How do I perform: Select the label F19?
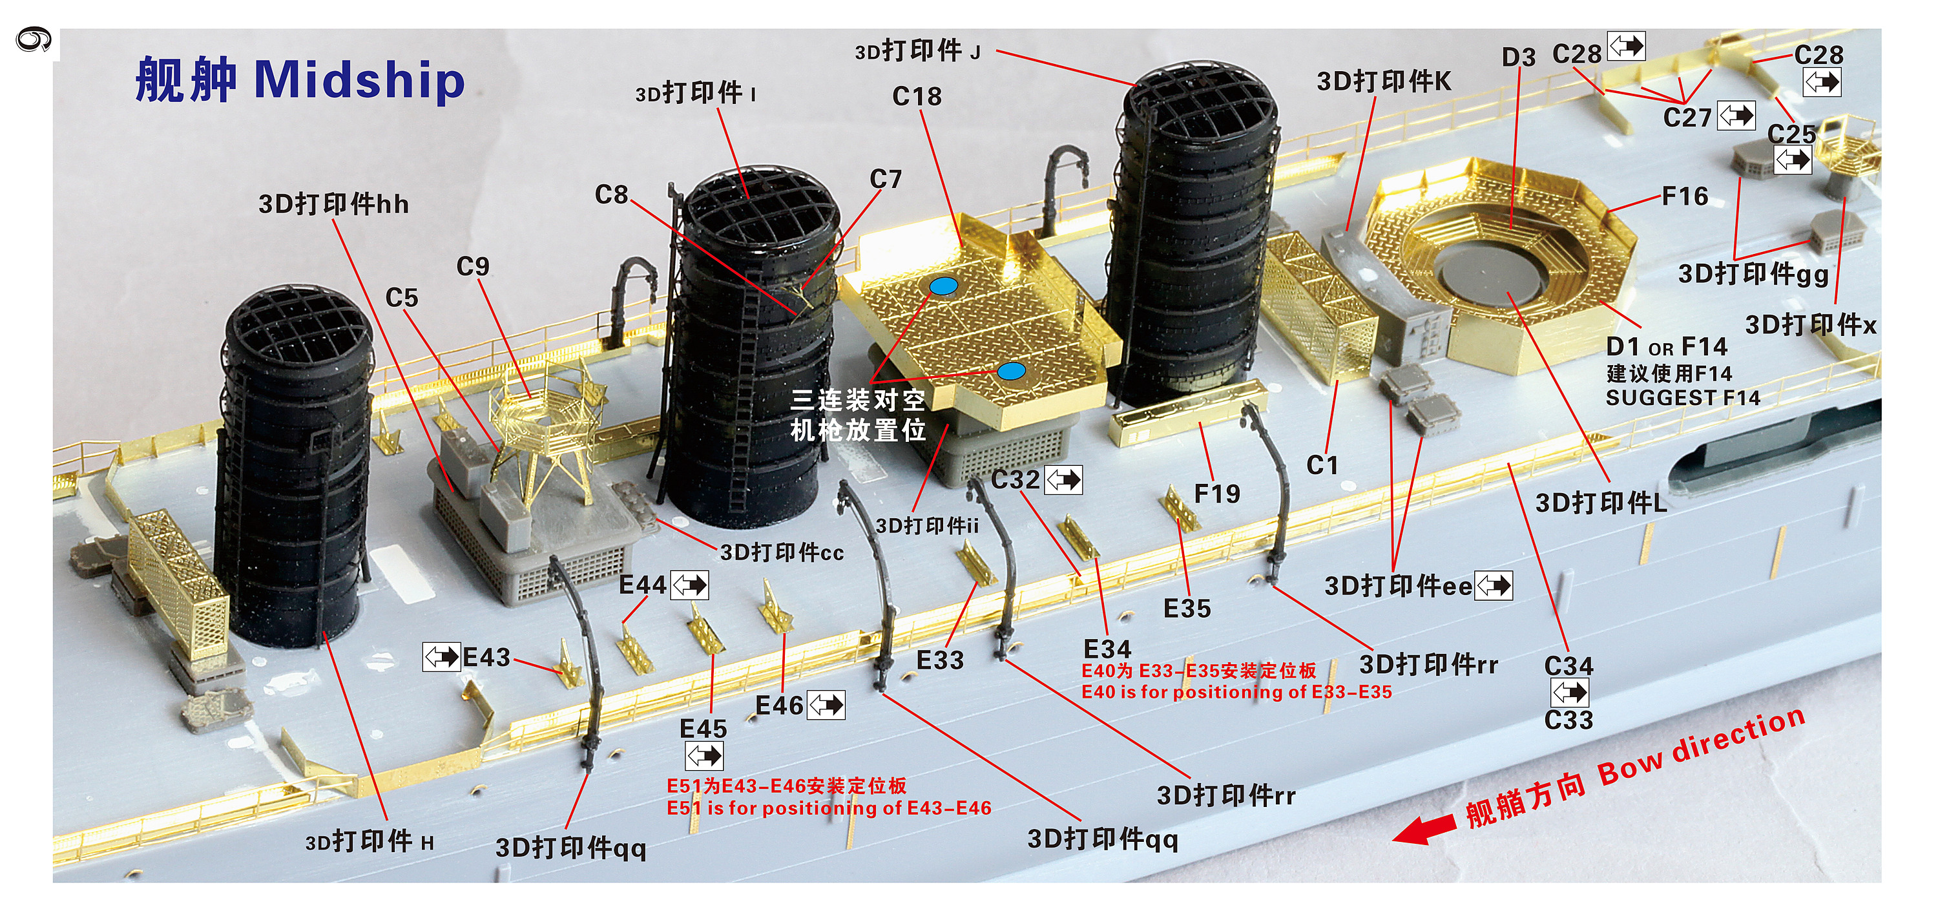(1216, 494)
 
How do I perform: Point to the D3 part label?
(1518, 57)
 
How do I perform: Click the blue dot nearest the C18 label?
(943, 286)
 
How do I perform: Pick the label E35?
(1187, 608)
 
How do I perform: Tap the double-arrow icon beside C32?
(1064, 480)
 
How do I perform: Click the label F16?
(1685, 196)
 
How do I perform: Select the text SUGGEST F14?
(1683, 397)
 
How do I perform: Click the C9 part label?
(472, 266)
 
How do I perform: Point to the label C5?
(401, 298)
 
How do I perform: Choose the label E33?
(940, 660)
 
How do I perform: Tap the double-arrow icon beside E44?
(689, 585)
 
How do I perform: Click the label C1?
(1322, 465)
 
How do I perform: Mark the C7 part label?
(886, 179)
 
